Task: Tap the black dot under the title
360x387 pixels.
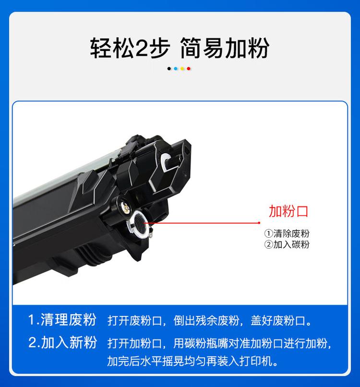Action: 169,69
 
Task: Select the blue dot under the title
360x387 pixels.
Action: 176,69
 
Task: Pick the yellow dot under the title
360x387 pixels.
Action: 182,69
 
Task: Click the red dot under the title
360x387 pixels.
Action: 189,69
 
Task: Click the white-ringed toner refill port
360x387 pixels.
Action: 138,223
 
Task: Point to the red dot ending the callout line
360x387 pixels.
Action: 260,223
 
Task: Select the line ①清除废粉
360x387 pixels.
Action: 287,234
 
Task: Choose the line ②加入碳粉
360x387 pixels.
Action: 287,244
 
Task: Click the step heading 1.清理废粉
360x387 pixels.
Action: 62,320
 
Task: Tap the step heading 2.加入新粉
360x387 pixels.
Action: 62,343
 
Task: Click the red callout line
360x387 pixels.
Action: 202,223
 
